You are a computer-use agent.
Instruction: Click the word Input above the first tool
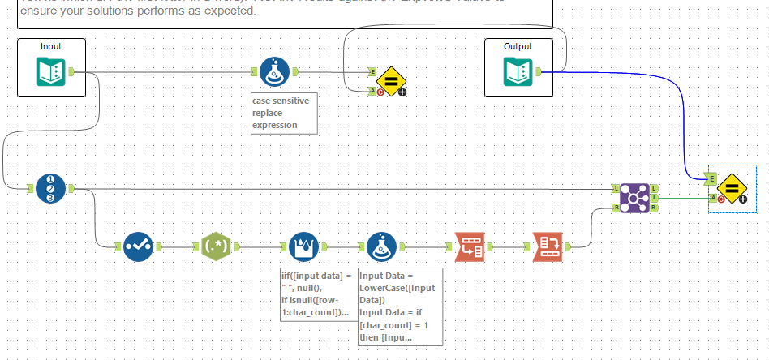coord(51,46)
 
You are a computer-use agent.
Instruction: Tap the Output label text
coord(518,46)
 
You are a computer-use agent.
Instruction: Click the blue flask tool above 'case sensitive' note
coord(275,73)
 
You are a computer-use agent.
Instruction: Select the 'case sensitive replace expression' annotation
coord(283,113)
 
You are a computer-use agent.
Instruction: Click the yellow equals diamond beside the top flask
coord(391,81)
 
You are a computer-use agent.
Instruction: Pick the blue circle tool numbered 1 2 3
coord(51,189)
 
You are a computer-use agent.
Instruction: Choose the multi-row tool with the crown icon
coord(304,246)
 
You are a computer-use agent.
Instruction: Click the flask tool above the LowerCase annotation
coord(382,246)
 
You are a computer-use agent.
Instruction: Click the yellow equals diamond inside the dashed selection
coord(731,188)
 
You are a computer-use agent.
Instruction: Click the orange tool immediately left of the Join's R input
coord(548,246)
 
